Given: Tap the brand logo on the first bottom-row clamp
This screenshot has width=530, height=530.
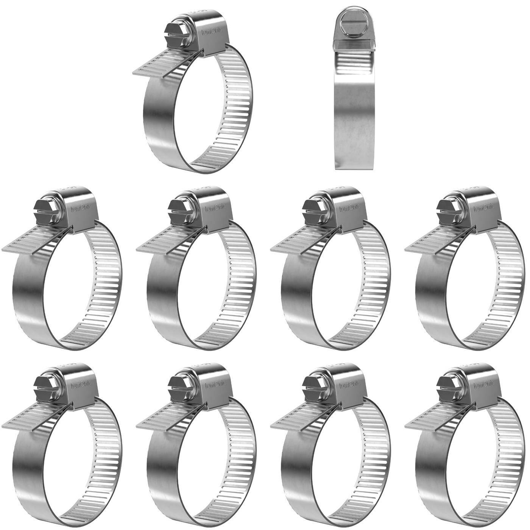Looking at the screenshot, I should pos(82,385).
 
